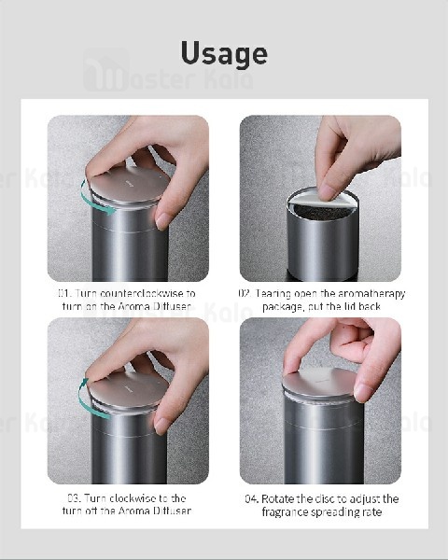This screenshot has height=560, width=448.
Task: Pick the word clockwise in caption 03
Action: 139,498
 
